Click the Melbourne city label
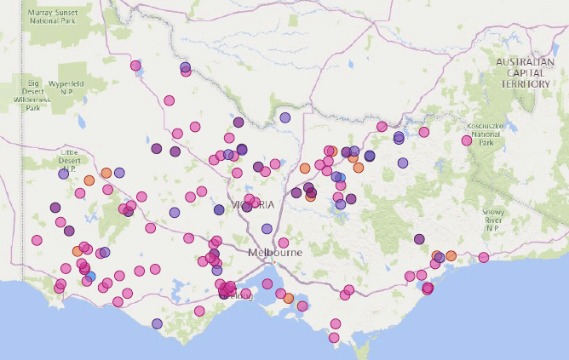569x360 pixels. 275,254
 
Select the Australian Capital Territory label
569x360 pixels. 526,73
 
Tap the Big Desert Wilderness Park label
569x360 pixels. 33,95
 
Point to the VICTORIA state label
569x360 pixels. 253,205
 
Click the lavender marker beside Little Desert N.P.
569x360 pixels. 63,174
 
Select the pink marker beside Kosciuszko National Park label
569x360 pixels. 467,141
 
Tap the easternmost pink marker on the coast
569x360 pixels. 483,257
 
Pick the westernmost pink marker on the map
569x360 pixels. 37,240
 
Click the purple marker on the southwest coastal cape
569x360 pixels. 157,323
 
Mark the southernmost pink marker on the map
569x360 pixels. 335,339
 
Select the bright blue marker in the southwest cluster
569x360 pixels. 90,276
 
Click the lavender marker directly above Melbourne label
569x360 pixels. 267,229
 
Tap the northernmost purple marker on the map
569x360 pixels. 186,67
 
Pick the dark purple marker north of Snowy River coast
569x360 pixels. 420,240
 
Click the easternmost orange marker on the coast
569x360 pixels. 451,255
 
